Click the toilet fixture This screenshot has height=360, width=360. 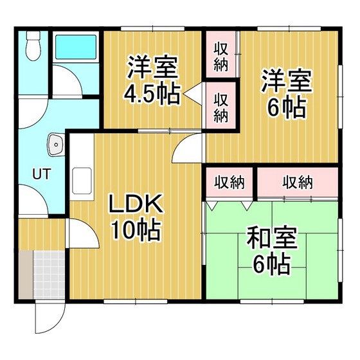33,46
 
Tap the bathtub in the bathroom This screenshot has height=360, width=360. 76,47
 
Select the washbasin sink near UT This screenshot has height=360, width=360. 55,145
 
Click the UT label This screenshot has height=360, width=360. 41,174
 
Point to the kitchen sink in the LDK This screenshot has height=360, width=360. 82,181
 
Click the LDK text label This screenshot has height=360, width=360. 136,204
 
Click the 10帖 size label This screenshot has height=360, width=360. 136,230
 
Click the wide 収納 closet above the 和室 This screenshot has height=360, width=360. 298,183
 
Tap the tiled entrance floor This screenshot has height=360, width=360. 49,274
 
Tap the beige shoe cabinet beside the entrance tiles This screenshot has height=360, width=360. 26,274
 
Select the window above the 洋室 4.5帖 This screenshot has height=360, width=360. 153,29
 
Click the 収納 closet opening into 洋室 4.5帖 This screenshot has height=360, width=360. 221,105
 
